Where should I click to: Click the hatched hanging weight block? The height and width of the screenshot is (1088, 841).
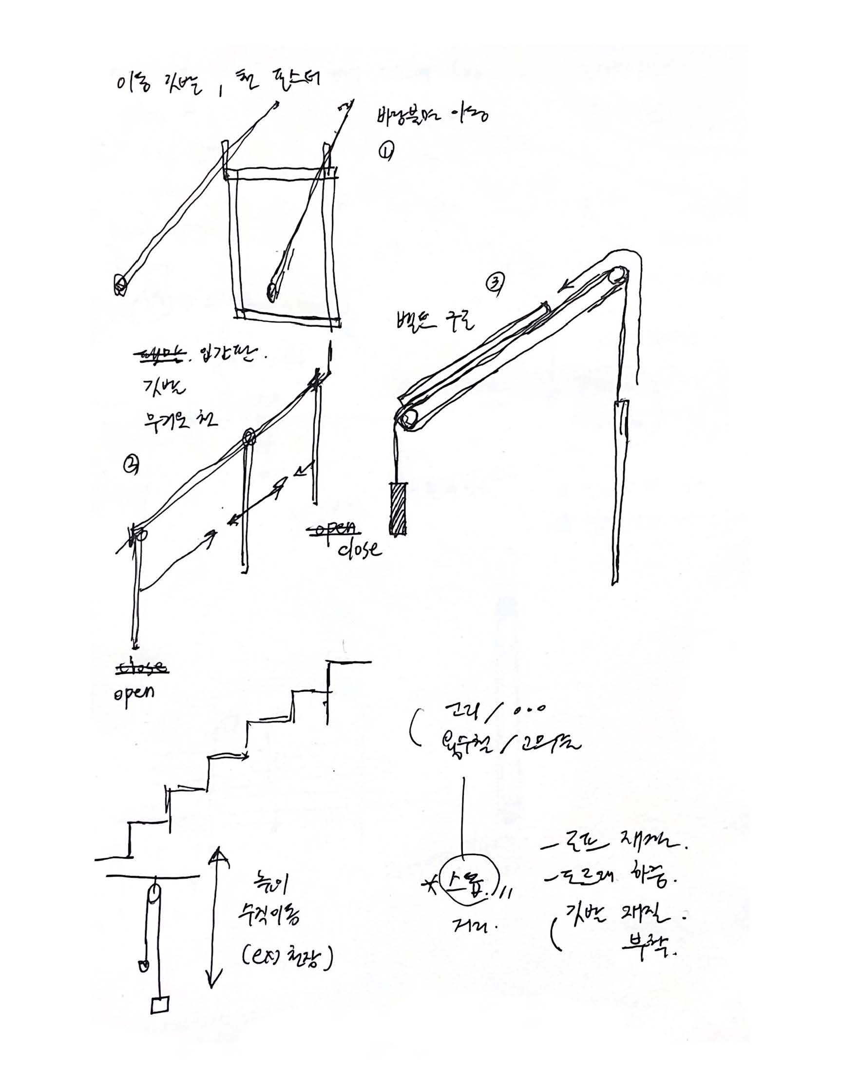(x=398, y=509)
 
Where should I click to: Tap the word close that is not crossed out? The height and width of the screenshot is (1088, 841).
(x=360, y=550)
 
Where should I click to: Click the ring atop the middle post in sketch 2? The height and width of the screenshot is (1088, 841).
(x=248, y=438)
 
